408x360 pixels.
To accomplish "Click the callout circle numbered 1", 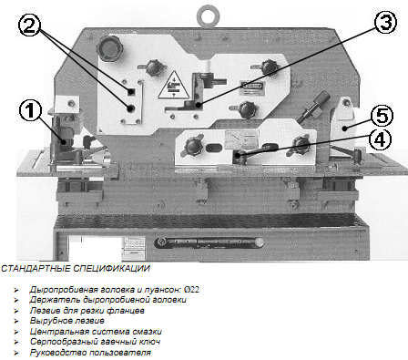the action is [x=30, y=110].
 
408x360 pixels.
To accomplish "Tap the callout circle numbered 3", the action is [x=385, y=22].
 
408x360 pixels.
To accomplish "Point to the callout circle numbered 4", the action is [x=380, y=140].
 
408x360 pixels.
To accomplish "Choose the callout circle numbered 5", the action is [x=382, y=116].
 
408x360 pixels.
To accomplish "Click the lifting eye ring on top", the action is [x=208, y=16].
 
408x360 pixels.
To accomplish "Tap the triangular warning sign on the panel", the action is [x=172, y=85].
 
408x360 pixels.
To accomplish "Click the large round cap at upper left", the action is [x=109, y=48].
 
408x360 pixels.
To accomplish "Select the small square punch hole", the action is [x=131, y=92].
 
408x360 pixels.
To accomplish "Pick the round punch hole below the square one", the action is [x=131, y=108].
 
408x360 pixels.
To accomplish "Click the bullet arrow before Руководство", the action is [x=15, y=353].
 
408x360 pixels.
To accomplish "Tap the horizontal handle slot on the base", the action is [x=209, y=242].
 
